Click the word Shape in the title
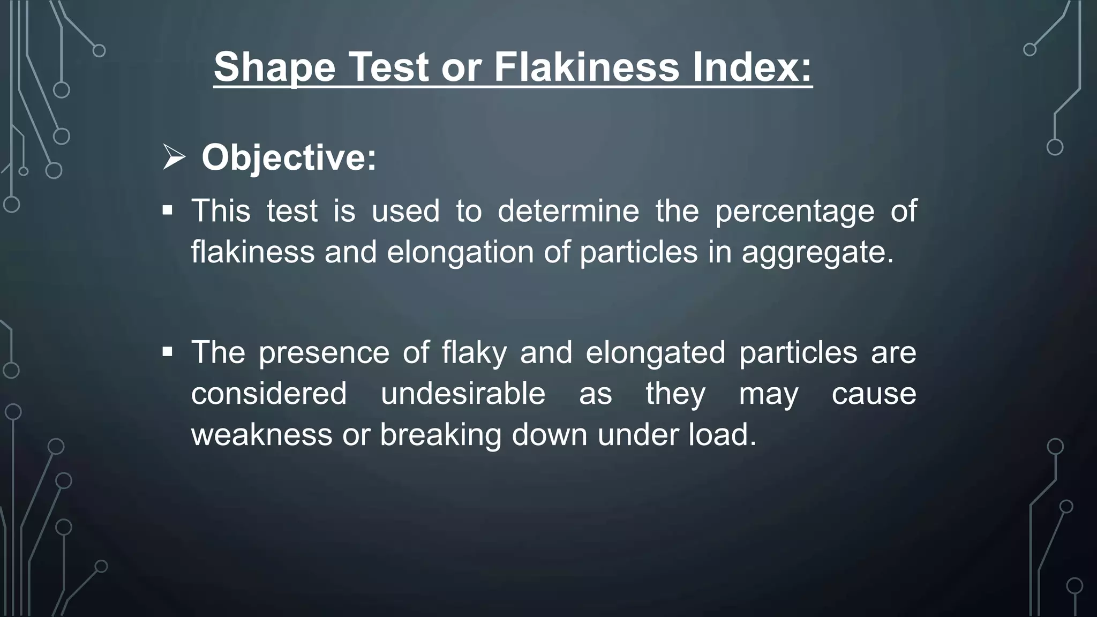pyautogui.click(x=275, y=67)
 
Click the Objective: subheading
pyautogui.click(x=289, y=158)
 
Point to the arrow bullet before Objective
pyautogui.click(x=174, y=159)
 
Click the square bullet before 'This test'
pyautogui.click(x=168, y=210)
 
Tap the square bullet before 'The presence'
pyautogui.click(x=168, y=352)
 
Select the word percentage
pyautogui.click(x=795, y=211)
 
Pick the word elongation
pyautogui.click(x=460, y=252)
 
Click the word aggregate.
pyautogui.click(x=817, y=252)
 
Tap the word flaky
pyautogui.click(x=474, y=353)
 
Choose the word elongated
pyautogui.click(x=655, y=353)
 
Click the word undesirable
pyautogui.click(x=463, y=394)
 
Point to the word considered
pyautogui.click(x=269, y=394)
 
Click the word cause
pyautogui.click(x=874, y=394)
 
